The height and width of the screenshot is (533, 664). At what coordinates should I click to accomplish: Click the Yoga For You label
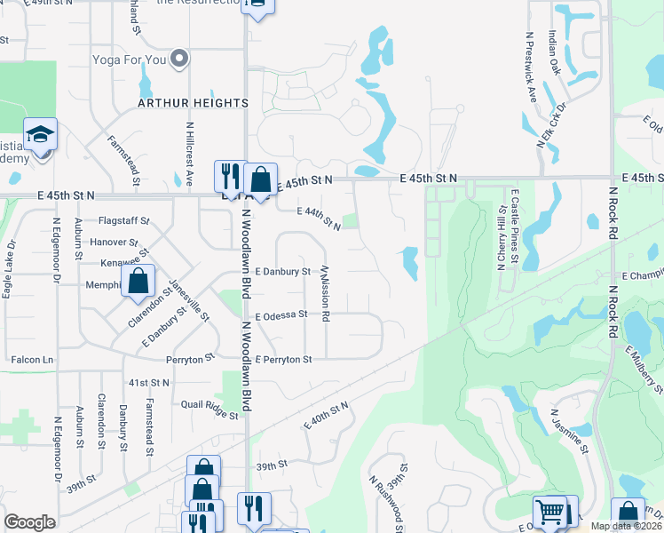click(130, 60)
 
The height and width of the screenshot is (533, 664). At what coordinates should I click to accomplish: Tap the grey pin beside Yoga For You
click(180, 59)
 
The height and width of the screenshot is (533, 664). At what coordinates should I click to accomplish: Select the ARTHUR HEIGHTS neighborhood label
click(193, 103)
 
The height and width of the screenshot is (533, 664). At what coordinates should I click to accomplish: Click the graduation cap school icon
click(40, 134)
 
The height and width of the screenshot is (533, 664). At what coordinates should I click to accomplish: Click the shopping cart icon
click(549, 512)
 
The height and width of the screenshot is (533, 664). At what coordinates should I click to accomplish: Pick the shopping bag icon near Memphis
click(138, 282)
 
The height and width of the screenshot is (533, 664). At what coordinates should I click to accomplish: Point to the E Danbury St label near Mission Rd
click(282, 271)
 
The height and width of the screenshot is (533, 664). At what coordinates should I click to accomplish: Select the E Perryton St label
click(283, 360)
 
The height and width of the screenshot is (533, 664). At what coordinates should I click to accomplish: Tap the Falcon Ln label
click(33, 360)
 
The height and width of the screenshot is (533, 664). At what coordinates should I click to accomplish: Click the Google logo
click(29, 522)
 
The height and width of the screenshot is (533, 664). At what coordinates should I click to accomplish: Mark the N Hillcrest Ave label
click(190, 154)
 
